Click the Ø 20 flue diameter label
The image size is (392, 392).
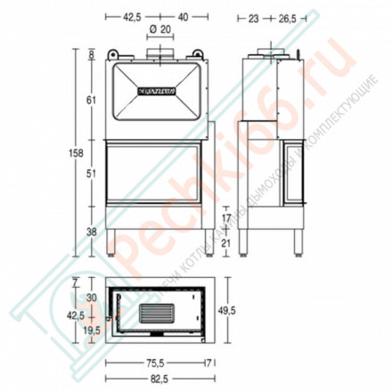(160, 30)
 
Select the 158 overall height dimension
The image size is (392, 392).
(78, 152)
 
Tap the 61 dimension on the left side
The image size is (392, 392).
(91, 101)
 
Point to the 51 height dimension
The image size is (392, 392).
(91, 176)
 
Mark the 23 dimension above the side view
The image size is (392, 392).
(254, 16)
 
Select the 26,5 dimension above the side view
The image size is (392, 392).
(285, 16)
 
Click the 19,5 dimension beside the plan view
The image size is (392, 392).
(91, 330)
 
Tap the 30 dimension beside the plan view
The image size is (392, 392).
(91, 298)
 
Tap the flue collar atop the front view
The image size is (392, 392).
(159, 54)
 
